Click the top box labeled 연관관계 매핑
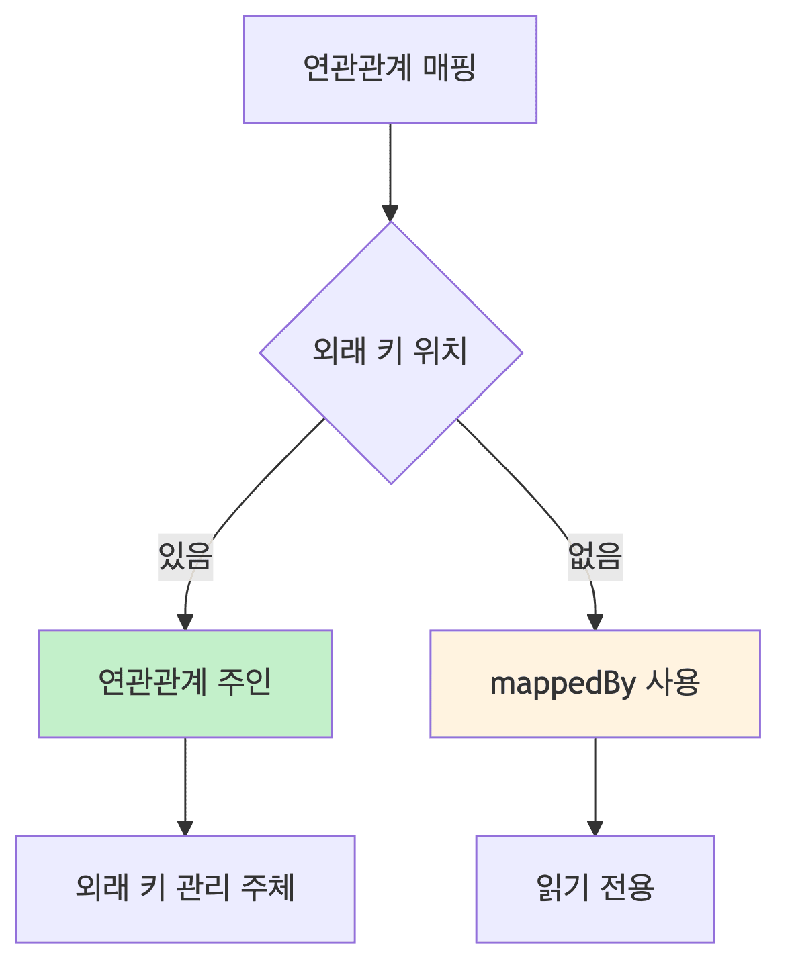(x=390, y=69)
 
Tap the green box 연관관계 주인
(x=185, y=684)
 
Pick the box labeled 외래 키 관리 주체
(x=185, y=888)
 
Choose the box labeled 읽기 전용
(x=595, y=888)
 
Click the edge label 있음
(x=185, y=557)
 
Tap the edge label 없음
(x=595, y=557)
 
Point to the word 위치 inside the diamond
(x=440, y=351)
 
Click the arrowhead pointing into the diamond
(x=390, y=213)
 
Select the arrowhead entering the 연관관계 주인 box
(x=185, y=622)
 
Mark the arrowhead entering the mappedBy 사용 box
(x=595, y=622)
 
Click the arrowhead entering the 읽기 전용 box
(x=595, y=827)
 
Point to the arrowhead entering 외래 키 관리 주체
(x=185, y=827)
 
